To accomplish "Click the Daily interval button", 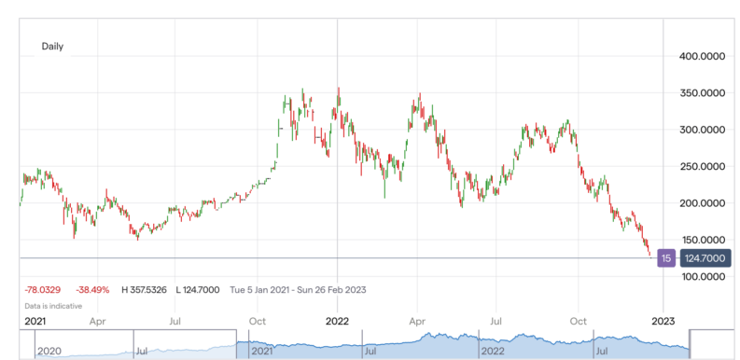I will click(x=52, y=46).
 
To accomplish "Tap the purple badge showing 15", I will click(x=666, y=257).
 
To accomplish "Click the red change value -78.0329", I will click(x=42, y=290).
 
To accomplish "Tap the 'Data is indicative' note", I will click(x=53, y=305).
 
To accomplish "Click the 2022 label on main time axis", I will click(x=337, y=321).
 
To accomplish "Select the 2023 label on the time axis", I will click(x=663, y=321).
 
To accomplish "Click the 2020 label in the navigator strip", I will click(x=49, y=352).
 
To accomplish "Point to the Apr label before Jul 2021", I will click(x=96, y=321).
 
